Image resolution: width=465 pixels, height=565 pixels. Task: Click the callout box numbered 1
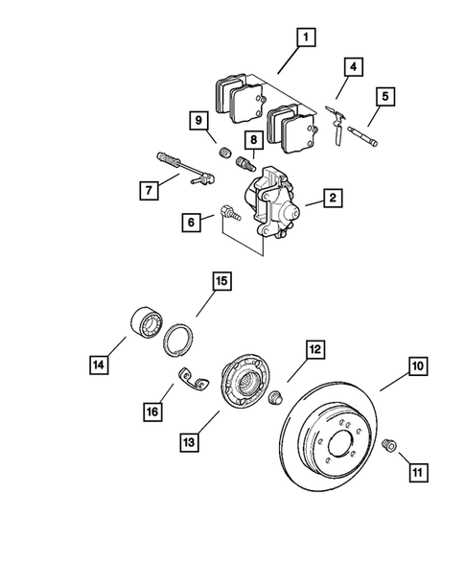pyautogui.click(x=307, y=37)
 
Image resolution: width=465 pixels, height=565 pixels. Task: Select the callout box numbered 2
pyautogui.click(x=333, y=199)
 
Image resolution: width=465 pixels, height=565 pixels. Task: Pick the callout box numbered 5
pyautogui.click(x=386, y=97)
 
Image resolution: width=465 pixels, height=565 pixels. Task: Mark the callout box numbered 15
pyautogui.click(x=221, y=281)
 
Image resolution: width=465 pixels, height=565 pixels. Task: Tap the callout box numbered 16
pyautogui.click(x=151, y=412)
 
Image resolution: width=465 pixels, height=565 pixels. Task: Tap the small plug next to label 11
pyautogui.click(x=390, y=445)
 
